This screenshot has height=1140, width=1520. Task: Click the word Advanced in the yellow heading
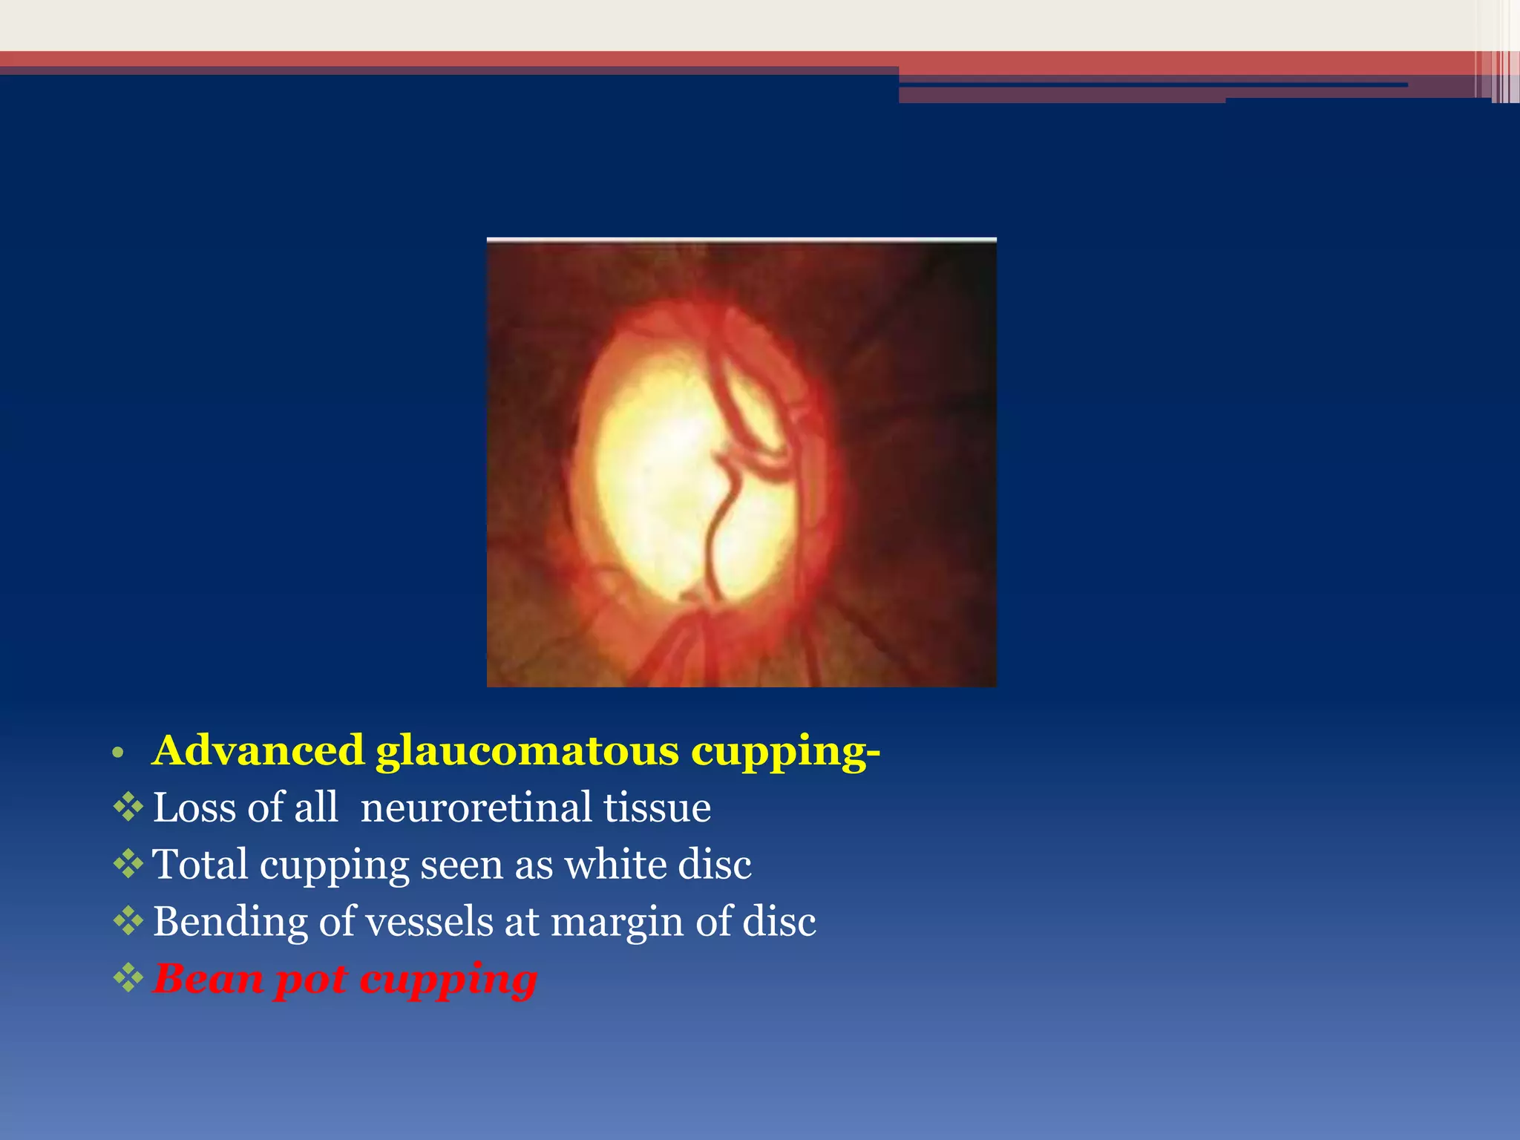point(258,750)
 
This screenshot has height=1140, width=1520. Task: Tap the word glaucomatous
point(527,752)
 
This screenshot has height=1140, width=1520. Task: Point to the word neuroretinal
point(476,807)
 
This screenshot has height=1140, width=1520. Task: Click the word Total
point(200,865)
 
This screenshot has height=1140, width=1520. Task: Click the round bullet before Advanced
point(116,754)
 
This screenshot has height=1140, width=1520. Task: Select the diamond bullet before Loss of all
point(128,807)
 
